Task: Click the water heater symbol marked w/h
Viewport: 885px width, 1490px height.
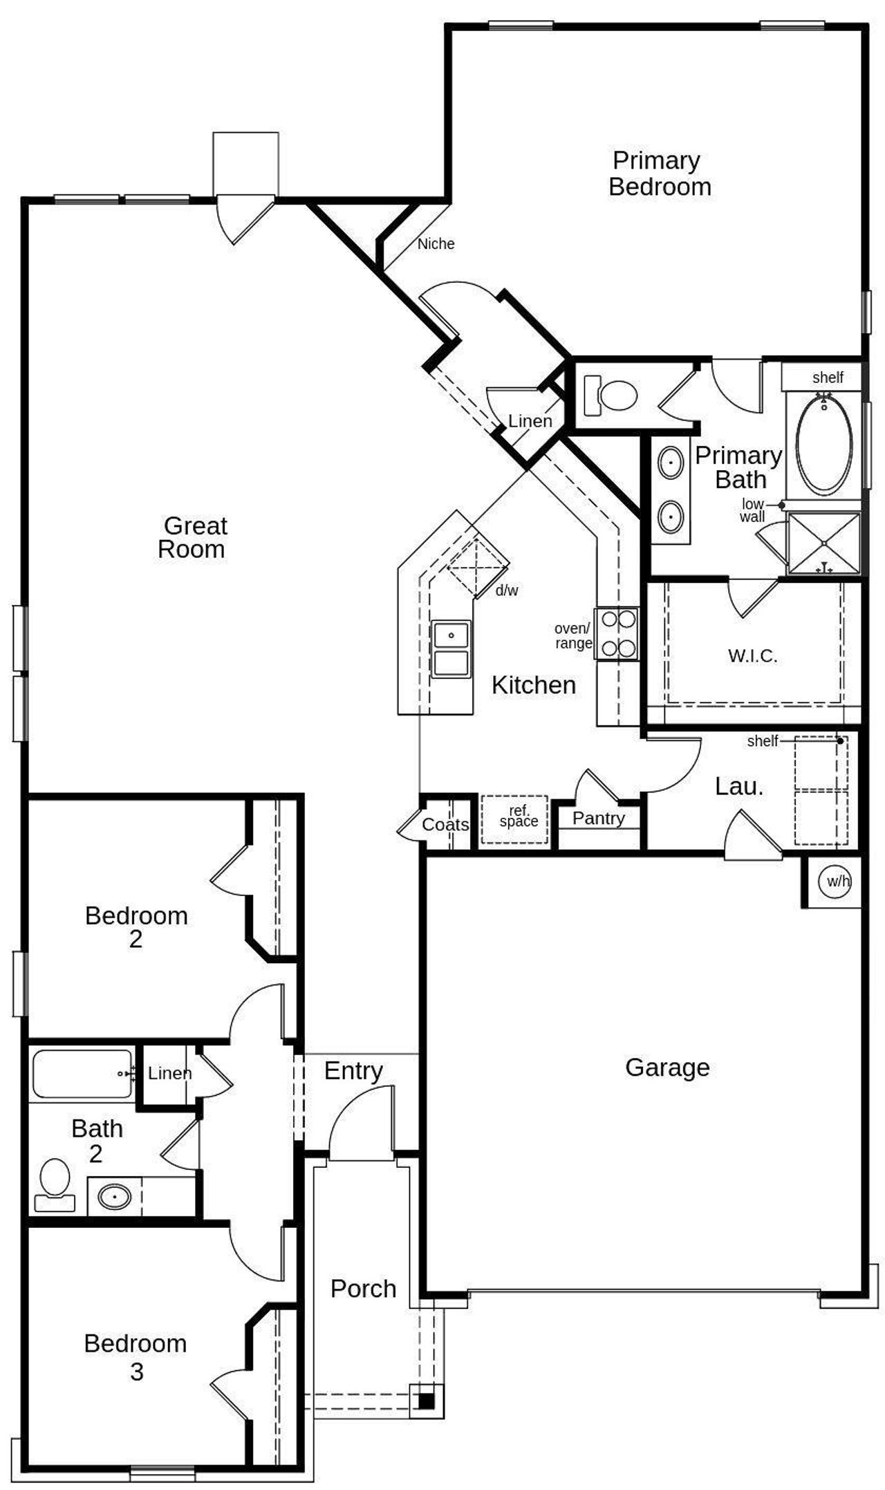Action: click(835, 882)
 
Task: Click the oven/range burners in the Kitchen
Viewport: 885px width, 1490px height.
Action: click(617, 633)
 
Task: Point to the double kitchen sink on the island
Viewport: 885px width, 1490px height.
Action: click(451, 649)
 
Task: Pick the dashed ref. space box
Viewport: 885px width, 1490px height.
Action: click(515, 819)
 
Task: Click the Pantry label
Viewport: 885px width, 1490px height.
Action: click(598, 818)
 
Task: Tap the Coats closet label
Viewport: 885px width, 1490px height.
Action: click(445, 824)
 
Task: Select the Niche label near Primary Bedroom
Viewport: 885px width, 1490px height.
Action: click(436, 243)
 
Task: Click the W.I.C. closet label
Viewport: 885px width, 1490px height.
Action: click(752, 655)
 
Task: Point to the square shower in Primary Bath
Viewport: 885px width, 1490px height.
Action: click(824, 543)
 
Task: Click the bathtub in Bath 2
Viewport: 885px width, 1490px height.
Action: click(82, 1073)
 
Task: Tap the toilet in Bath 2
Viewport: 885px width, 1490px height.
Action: click(55, 1183)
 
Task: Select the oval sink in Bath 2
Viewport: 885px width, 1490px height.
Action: click(114, 1195)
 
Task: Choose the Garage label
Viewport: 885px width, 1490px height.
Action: click(667, 1068)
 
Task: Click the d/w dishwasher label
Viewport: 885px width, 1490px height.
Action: click(507, 590)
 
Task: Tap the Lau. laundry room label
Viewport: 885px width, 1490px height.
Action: click(738, 786)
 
